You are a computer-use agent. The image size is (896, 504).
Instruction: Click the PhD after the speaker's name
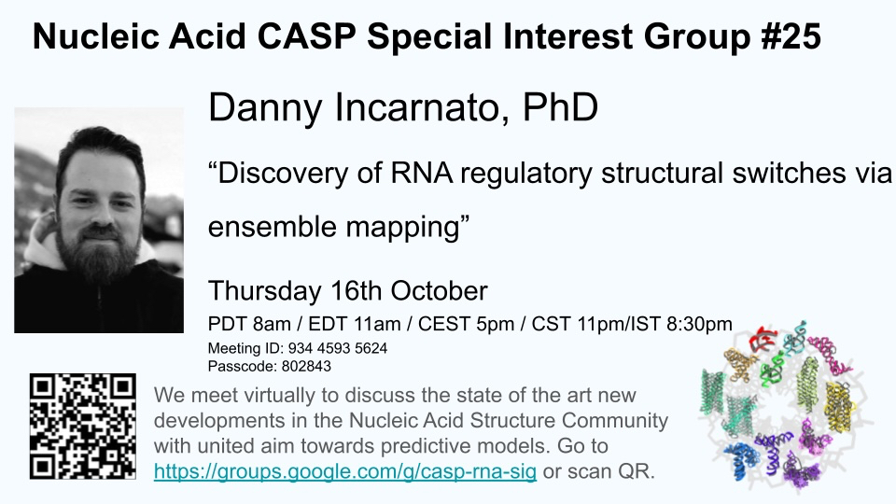(560, 106)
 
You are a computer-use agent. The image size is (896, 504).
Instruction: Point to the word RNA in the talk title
(422, 173)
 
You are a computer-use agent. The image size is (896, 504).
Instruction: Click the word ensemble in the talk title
(272, 226)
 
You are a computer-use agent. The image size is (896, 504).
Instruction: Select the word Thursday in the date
(264, 290)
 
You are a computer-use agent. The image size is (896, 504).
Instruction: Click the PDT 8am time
(249, 324)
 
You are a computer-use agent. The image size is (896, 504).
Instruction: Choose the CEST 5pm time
(466, 324)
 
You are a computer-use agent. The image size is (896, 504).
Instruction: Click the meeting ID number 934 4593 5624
(338, 348)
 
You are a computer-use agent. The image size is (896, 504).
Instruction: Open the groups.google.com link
(345, 471)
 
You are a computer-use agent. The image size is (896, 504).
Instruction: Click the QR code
(83, 427)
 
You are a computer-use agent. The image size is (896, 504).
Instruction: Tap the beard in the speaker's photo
(100, 254)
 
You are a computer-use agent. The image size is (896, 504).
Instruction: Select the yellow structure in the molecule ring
(840, 407)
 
